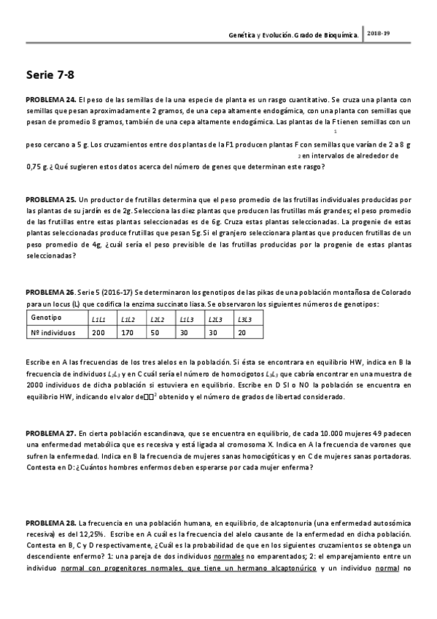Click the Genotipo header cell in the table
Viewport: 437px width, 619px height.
pyautogui.click(x=47, y=318)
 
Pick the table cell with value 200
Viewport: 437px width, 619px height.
pyautogui.click(x=98, y=334)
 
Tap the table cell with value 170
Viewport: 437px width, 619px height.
pyautogui.click(x=127, y=334)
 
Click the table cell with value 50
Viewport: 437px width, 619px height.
pyautogui.click(x=155, y=334)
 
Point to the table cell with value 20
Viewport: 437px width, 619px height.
pyautogui.click(x=241, y=334)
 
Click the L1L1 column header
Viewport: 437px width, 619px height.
pyautogui.click(x=98, y=319)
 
